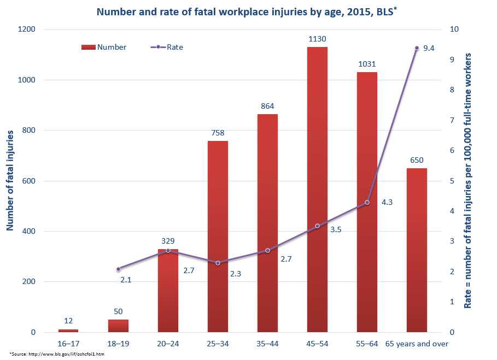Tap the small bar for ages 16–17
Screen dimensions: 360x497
(x=68, y=331)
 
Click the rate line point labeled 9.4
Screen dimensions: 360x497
(x=417, y=48)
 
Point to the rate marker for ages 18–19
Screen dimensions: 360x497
(x=118, y=269)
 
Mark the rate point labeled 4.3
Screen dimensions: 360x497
(x=367, y=202)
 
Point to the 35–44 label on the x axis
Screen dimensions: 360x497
(x=267, y=344)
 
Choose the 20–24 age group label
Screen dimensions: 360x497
(x=168, y=344)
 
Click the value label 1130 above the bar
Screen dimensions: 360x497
(x=317, y=39)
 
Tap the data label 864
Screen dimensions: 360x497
(x=267, y=106)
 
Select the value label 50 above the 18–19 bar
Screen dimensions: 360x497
(x=118, y=311)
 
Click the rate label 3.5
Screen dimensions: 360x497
(x=336, y=230)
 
